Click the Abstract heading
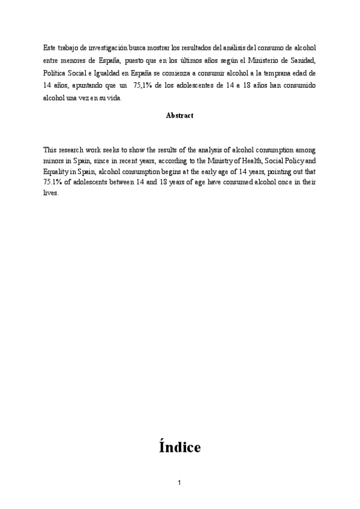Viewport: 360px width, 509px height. pos(179,116)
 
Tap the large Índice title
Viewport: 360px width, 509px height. pos(180,447)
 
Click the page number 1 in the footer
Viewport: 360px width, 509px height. pos(179,483)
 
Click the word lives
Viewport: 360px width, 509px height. pos(51,193)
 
